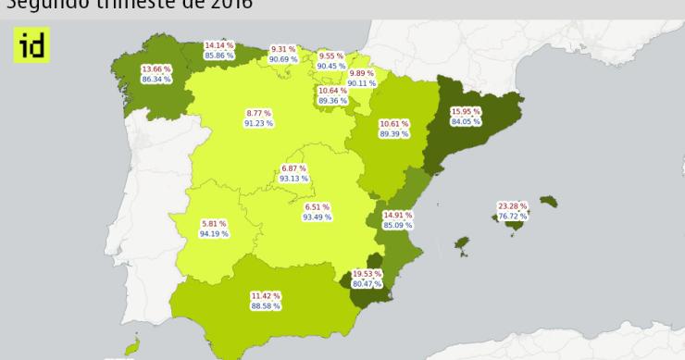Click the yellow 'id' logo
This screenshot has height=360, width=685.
coord(31,44)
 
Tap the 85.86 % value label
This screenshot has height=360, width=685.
coord(219,56)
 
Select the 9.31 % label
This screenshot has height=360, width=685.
coord(283,49)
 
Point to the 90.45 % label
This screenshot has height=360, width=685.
coord(331,66)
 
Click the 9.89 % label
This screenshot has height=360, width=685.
coord(362,73)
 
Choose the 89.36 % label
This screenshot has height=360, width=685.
coord(332,100)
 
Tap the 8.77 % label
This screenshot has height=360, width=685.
coord(258,113)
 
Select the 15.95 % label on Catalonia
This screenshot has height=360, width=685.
coord(466,112)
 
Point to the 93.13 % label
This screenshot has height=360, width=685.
coord(293,178)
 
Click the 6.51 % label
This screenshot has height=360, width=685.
coord(317,207)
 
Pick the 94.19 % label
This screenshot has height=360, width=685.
coord(214,233)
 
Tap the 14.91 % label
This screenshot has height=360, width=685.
coord(397,214)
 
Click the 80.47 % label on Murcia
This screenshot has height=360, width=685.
coord(367,283)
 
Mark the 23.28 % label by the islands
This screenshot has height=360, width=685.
coord(512,205)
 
